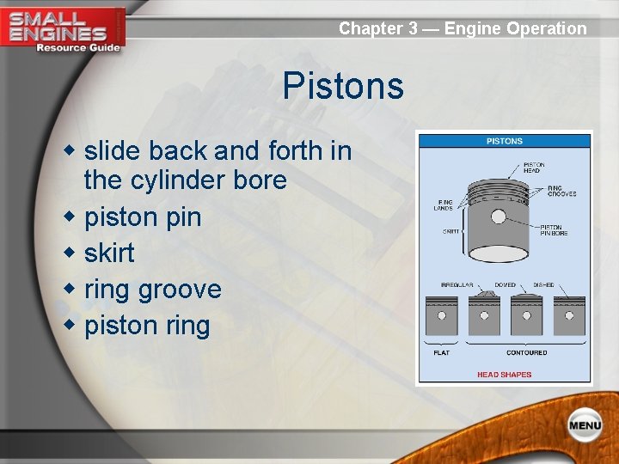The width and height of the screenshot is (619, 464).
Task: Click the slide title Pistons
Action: coord(343,87)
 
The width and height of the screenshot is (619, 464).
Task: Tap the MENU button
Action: coord(584,425)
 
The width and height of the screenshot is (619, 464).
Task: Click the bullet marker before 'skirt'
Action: coord(72,253)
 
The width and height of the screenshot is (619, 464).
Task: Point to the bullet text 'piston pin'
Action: coord(143,217)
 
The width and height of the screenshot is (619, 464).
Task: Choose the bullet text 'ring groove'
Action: coord(153,290)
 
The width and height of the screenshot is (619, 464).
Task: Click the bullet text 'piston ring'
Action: coord(147,326)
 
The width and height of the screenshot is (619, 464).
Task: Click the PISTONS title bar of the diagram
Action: coord(505,141)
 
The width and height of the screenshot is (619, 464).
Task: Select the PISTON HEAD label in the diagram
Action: coord(533,168)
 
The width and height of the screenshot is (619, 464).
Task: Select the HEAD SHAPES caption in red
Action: coord(505,375)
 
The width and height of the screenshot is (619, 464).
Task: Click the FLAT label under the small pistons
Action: coord(441,352)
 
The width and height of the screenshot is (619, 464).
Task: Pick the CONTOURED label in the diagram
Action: coord(526,352)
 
